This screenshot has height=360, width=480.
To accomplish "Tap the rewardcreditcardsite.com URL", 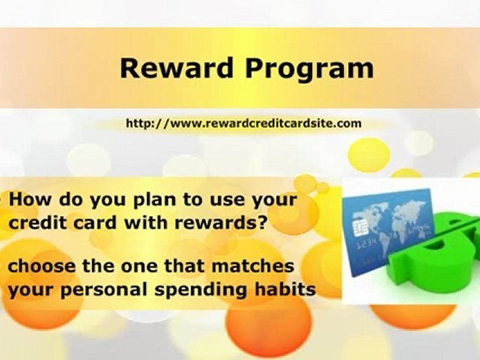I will (243, 123).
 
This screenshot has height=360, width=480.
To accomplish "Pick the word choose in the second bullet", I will (40, 266).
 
